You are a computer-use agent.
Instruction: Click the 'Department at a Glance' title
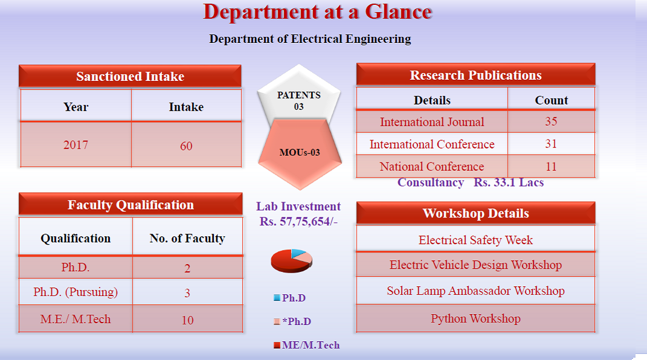[x=317, y=12]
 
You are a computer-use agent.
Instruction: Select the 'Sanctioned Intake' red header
[x=130, y=76]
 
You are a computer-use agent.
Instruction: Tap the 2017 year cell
[x=76, y=145]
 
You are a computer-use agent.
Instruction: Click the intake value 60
[x=186, y=146]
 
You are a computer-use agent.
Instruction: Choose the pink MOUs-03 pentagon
[x=300, y=153]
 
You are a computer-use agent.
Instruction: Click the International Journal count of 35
[x=551, y=121]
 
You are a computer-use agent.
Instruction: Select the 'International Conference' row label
[x=431, y=144]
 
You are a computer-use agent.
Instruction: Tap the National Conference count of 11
[x=551, y=166]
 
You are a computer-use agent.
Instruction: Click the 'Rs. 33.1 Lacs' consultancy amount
[x=509, y=182]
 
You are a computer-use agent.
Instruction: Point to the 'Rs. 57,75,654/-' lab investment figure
[x=298, y=222]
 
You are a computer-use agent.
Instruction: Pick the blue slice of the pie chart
[x=297, y=252]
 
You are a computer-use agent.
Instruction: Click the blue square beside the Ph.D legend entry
[x=277, y=298]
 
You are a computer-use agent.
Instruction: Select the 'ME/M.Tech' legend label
[x=311, y=345]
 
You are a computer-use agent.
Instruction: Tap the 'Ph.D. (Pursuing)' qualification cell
[x=76, y=292]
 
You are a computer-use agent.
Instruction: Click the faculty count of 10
[x=187, y=320]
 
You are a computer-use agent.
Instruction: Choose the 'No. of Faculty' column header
[x=187, y=238]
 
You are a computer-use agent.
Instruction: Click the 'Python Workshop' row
[x=475, y=318]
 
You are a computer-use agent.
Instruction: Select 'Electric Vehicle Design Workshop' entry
[x=475, y=265]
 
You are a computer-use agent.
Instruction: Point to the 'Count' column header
[x=552, y=100]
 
